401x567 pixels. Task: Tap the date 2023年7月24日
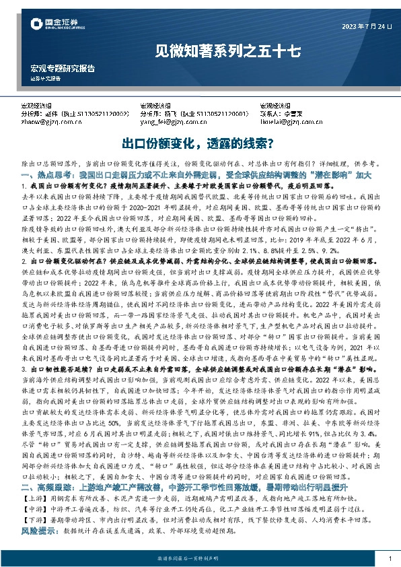coord(357,27)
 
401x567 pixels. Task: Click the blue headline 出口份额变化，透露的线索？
coord(200,143)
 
